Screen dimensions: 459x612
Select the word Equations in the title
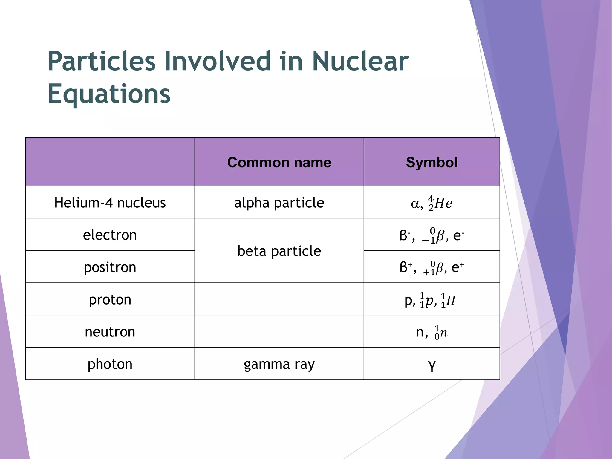pos(109,94)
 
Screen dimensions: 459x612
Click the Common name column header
pos(279,163)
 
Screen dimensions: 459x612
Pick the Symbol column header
pos(432,163)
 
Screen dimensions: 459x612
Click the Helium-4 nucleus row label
pos(110,203)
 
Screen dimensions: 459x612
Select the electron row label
pos(110,235)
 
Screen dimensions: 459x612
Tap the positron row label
pos(110,267)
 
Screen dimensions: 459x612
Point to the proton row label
pos(110,299)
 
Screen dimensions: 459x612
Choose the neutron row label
pos(110,332)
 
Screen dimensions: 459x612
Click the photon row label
pos(110,364)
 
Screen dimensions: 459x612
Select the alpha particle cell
pos(279,203)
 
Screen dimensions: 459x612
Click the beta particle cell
pos(279,251)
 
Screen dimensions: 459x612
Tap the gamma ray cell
pos(279,364)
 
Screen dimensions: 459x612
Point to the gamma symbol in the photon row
pos(432,365)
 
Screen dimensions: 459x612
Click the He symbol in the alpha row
pos(443,204)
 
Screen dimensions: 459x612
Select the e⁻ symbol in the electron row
pos(458,235)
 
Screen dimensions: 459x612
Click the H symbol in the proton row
pos(451,301)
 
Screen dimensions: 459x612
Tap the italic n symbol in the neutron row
pos(444,333)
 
